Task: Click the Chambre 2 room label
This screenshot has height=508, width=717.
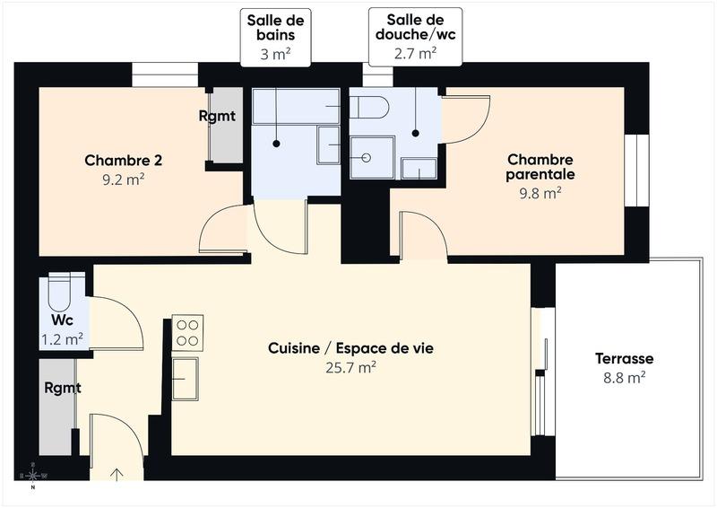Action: click(x=123, y=161)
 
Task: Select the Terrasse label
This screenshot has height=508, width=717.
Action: click(x=624, y=359)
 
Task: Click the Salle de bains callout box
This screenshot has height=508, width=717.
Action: click(x=276, y=37)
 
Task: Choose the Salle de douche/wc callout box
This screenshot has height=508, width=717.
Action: click(x=416, y=37)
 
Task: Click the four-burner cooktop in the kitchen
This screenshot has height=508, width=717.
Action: click(x=187, y=331)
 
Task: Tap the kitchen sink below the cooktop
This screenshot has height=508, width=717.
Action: click(x=186, y=377)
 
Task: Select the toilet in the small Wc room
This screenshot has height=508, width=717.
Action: click(x=61, y=292)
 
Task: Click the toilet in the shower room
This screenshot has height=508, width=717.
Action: click(x=368, y=108)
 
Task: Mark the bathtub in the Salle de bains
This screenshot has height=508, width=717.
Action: click(x=295, y=107)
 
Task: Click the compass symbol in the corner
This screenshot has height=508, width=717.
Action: click(x=33, y=476)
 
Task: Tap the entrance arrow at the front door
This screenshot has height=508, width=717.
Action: click(x=117, y=474)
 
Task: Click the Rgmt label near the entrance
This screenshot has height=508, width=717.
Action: click(x=63, y=389)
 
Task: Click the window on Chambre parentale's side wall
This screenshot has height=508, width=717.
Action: click(x=635, y=170)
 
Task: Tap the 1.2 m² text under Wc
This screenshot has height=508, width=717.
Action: click(x=63, y=339)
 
